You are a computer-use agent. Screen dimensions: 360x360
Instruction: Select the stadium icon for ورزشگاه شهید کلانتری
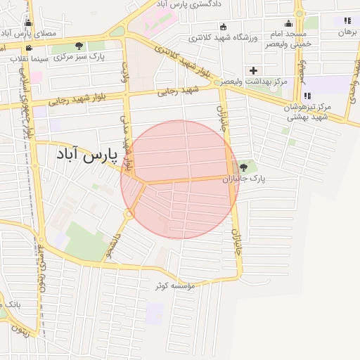click(x=224, y=27)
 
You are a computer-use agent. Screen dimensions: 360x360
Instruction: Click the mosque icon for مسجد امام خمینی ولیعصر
click(x=287, y=23)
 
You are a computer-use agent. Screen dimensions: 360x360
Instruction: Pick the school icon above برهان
click(x=347, y=20)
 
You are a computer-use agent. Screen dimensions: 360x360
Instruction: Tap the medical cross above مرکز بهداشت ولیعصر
click(x=253, y=70)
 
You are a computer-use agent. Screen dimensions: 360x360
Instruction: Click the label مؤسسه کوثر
click(x=175, y=286)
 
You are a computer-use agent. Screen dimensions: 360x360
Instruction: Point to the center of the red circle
click(x=180, y=179)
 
